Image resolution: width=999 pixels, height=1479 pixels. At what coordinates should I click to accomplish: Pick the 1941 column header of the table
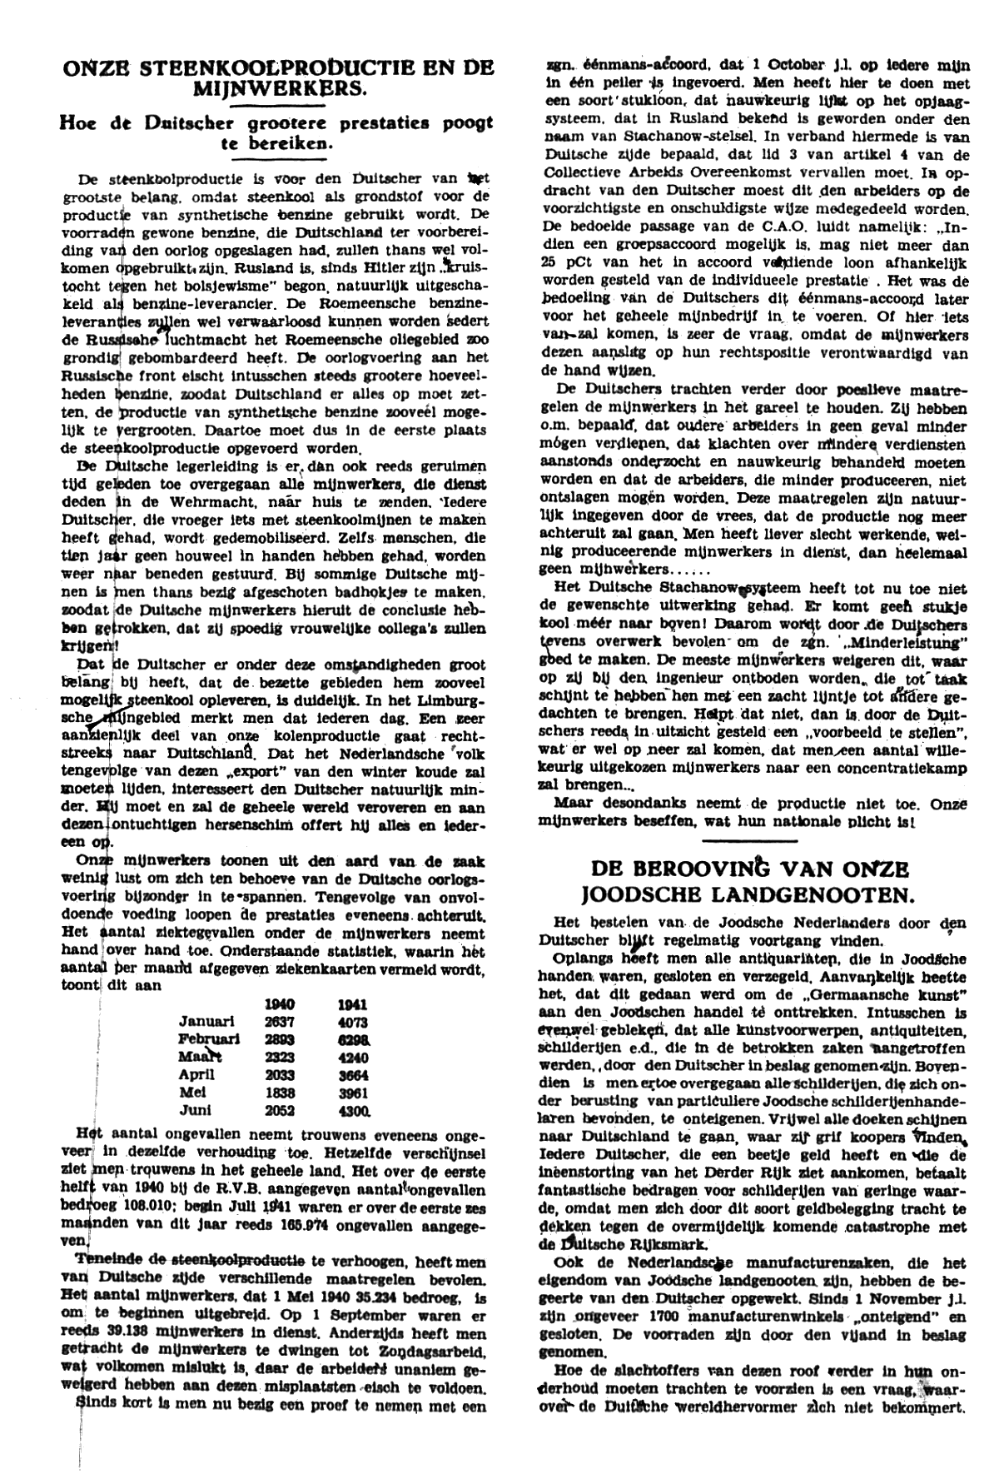(353, 1004)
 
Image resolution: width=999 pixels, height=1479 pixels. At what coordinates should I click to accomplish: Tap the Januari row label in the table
(206, 1022)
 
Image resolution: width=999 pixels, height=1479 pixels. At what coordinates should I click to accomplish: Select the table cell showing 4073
(353, 1022)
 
